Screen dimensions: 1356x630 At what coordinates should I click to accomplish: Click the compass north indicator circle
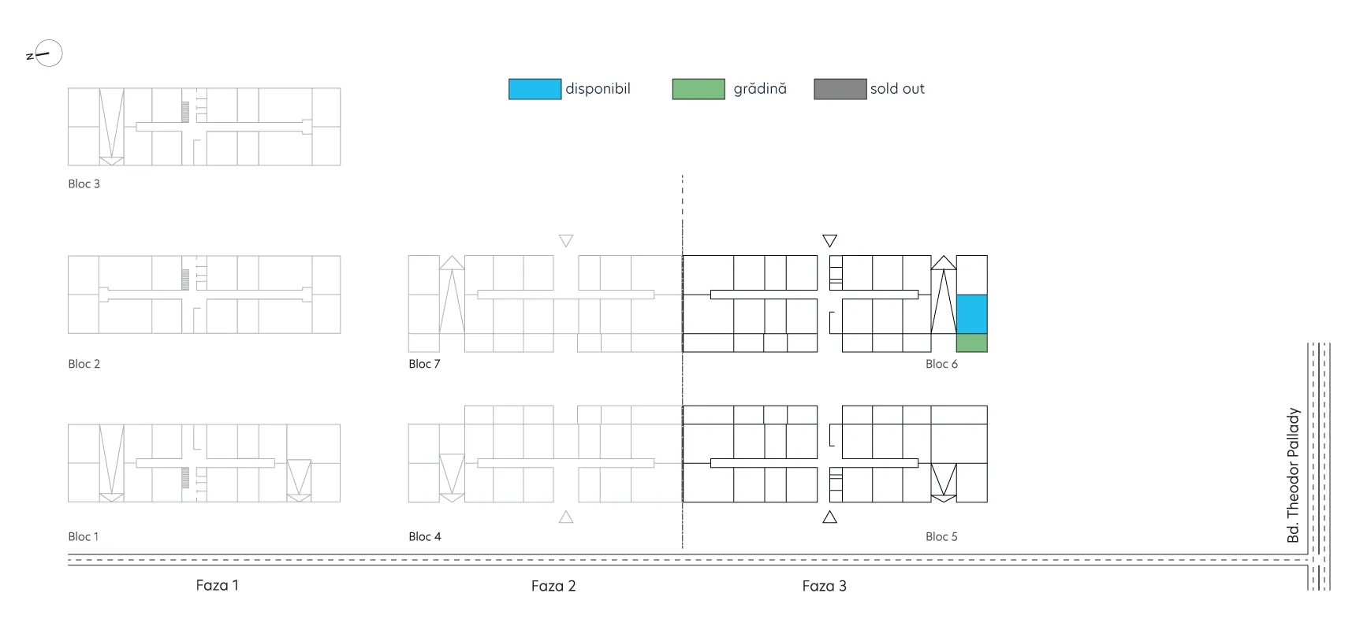point(49,40)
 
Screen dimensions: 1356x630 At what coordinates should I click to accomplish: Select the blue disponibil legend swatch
point(535,89)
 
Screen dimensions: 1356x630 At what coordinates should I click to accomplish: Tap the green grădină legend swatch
point(698,89)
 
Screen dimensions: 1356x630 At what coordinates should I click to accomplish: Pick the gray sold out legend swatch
point(840,89)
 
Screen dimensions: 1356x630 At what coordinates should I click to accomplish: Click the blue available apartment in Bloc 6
point(971,314)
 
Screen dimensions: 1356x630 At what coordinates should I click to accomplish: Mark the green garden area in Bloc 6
point(971,343)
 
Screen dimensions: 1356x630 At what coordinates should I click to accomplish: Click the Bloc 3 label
point(84,184)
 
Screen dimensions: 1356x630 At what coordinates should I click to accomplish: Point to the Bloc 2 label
point(84,364)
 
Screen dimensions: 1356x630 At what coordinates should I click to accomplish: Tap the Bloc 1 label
point(84,536)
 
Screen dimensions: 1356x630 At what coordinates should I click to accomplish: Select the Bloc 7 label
point(425,364)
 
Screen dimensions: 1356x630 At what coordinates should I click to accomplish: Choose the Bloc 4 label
point(425,536)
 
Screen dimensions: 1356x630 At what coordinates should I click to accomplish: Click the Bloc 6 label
point(942,364)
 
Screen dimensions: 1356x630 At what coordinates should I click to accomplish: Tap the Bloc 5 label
point(942,536)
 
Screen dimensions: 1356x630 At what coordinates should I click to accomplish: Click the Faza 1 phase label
point(218,585)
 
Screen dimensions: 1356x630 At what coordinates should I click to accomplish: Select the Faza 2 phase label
point(553,586)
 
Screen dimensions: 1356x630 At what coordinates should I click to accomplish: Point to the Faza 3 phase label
point(825,586)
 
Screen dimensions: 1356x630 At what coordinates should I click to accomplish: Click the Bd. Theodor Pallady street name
point(1293,475)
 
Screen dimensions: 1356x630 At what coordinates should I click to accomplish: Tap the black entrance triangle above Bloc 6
point(829,240)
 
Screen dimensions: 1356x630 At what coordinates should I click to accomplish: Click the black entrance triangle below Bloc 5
point(829,517)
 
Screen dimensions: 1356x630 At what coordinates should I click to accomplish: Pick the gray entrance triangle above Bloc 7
point(566,240)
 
